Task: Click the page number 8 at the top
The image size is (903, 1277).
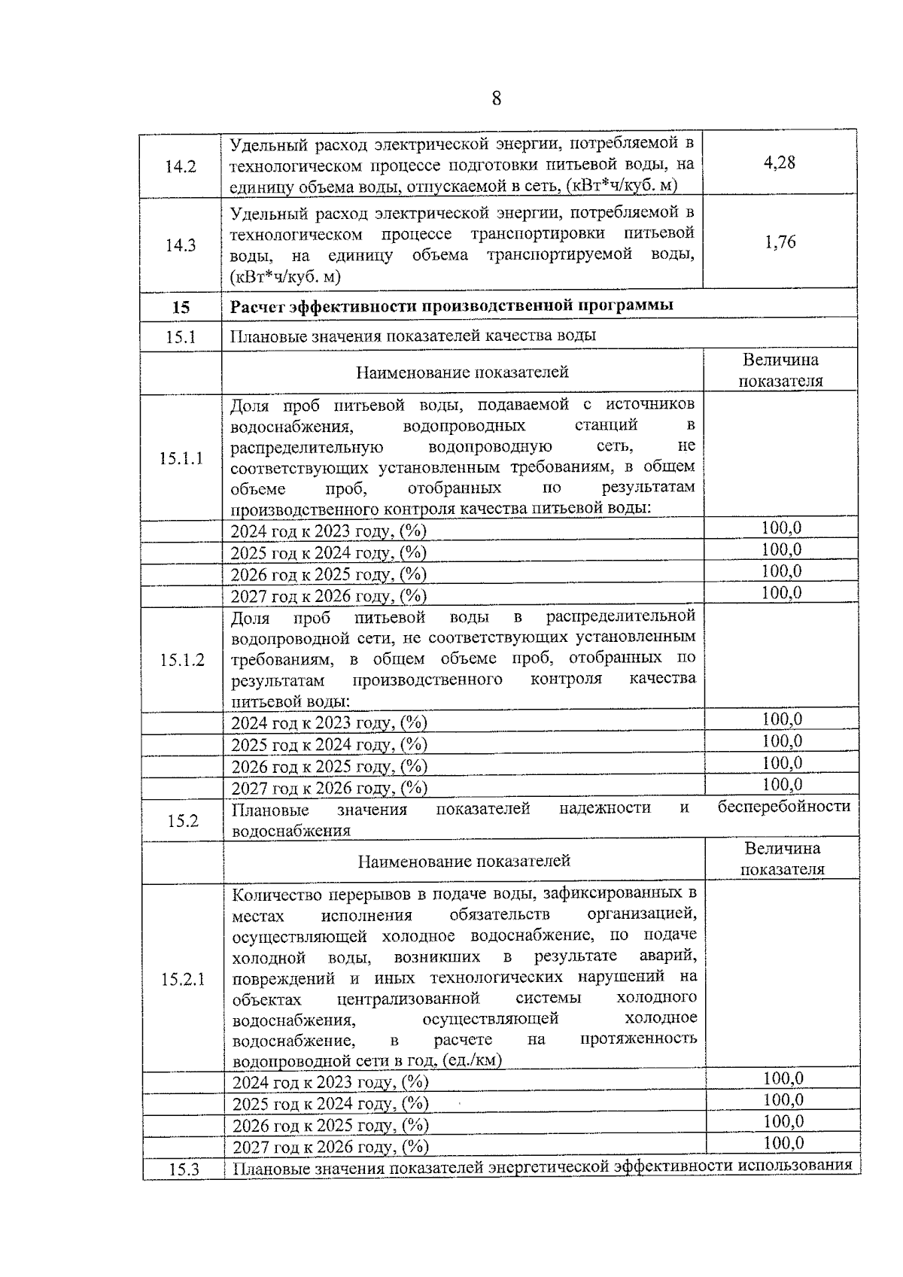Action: coord(496,99)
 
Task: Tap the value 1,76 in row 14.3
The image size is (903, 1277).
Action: coord(780,242)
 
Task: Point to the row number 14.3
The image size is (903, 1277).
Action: coord(181,245)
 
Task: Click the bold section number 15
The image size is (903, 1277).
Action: coord(181,307)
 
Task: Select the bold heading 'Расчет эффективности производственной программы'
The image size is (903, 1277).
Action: coord(451,306)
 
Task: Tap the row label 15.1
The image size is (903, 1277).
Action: coord(181,336)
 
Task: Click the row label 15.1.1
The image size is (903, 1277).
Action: coord(181,458)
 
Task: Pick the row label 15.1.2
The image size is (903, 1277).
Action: coord(182,660)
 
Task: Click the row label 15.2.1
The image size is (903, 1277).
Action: coord(183,979)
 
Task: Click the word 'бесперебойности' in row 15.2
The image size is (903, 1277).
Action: coord(783,807)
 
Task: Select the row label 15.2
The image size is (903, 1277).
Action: coord(183,820)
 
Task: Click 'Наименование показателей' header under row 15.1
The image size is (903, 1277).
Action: coord(462,372)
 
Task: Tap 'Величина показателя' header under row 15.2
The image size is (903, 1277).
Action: coord(783,859)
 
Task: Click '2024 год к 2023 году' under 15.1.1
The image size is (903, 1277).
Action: coord(328,531)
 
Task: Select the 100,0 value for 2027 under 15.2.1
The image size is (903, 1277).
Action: coord(783,1143)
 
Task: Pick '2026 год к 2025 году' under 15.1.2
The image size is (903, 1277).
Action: coord(329,766)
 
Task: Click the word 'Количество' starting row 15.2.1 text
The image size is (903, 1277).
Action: coord(273,895)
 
